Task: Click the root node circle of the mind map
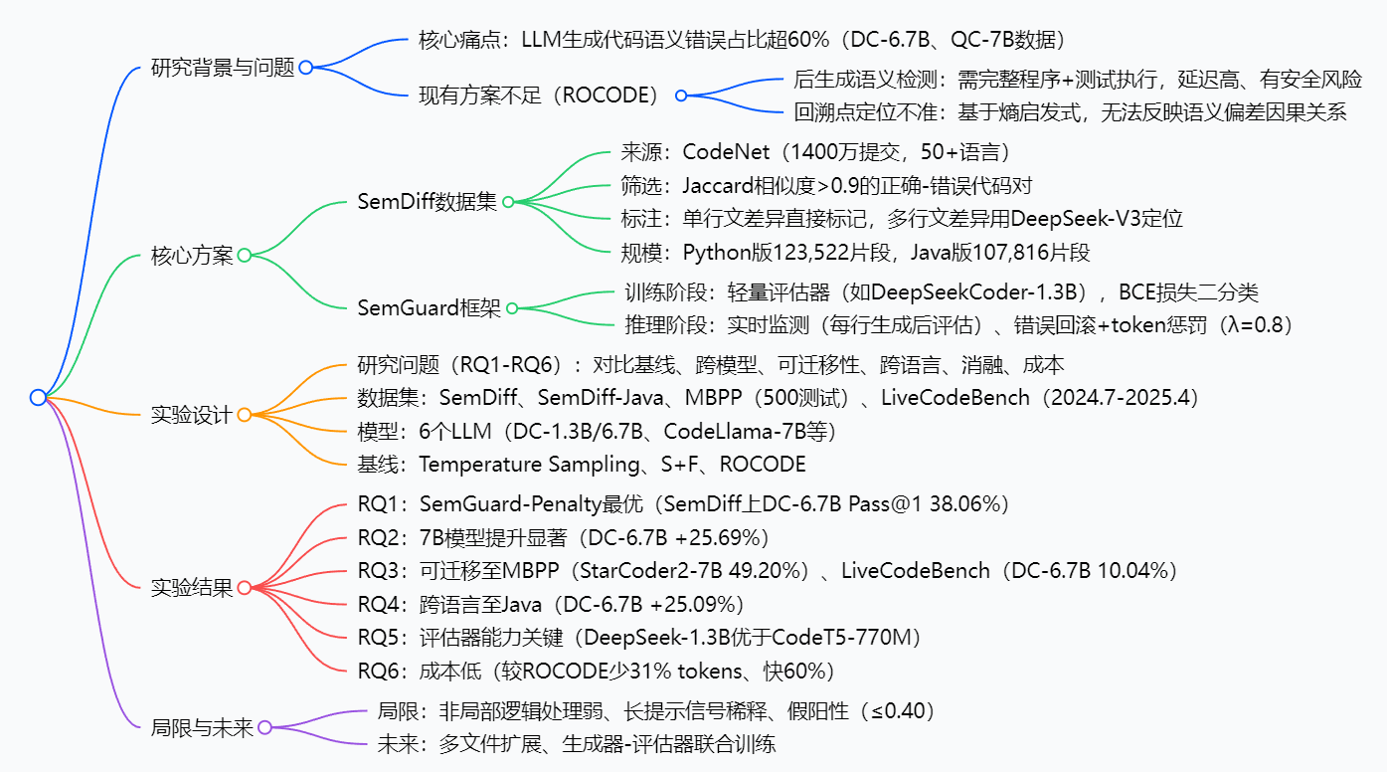point(38,397)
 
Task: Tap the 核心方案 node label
point(192,255)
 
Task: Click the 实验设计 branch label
point(191,415)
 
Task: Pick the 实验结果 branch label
point(191,587)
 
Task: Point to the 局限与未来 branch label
point(202,727)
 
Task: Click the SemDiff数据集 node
point(427,202)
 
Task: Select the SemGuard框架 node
point(430,308)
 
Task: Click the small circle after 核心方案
point(244,255)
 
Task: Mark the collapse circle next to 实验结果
point(244,587)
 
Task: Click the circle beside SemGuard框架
point(512,308)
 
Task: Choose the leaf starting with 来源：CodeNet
point(815,151)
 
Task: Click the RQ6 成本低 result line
point(596,671)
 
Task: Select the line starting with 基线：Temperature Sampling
point(582,465)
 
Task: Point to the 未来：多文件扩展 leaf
point(576,744)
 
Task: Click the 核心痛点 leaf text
point(742,41)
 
